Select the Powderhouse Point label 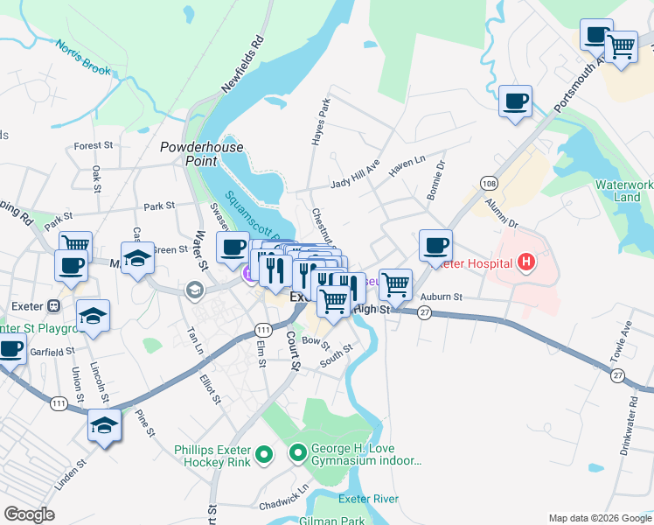pos(194,155)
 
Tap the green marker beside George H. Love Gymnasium pos(297,453)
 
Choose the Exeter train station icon pos(53,307)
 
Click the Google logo pos(29,514)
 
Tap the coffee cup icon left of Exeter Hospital pos(435,245)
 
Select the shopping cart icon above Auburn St pos(395,283)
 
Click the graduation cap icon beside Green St pos(137,258)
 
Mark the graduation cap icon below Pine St pos(104,426)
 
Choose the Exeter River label pos(368,499)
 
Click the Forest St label pos(94,145)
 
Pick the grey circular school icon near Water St pos(193,289)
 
